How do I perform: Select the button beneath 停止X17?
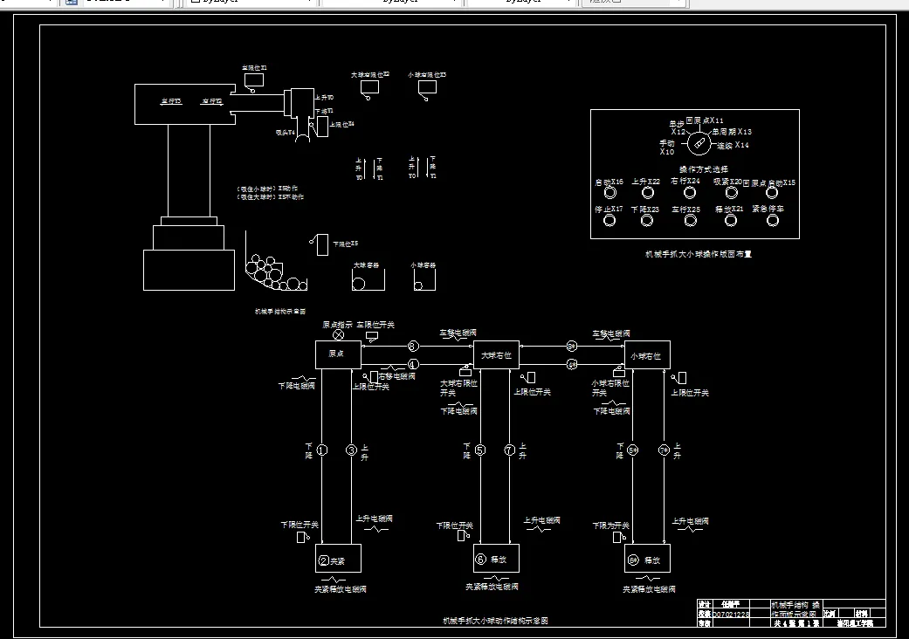point(609,220)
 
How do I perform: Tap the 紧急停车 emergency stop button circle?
point(773,220)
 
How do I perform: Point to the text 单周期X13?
point(732,132)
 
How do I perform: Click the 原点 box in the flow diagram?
point(338,354)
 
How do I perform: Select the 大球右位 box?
point(496,354)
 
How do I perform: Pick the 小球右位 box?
point(647,354)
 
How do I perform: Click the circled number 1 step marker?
point(321,450)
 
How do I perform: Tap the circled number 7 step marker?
point(510,450)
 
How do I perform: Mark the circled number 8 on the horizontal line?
point(413,347)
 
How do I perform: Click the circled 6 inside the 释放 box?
point(480,560)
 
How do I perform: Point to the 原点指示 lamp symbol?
point(339,334)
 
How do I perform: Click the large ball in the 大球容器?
point(358,283)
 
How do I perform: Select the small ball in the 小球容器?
point(419,285)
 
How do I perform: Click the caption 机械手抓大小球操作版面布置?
point(698,255)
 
